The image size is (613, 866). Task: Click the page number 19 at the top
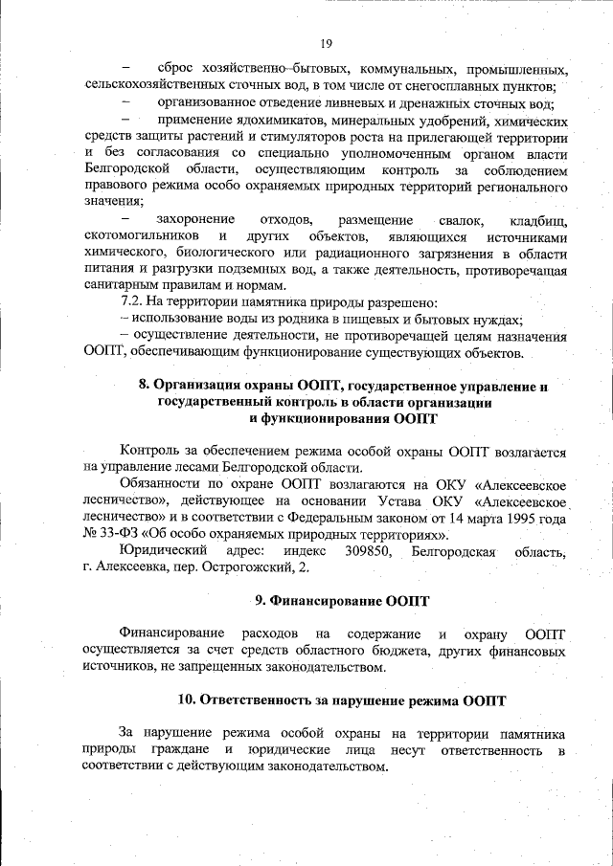[326, 44]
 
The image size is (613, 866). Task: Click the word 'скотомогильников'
[142, 235]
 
